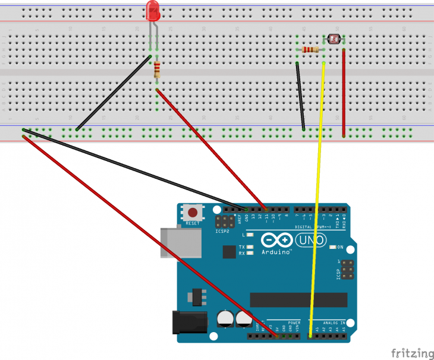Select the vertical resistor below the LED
click(157, 71)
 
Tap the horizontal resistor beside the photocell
click(310, 49)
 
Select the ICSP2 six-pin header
click(225, 223)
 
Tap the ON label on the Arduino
click(340, 247)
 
